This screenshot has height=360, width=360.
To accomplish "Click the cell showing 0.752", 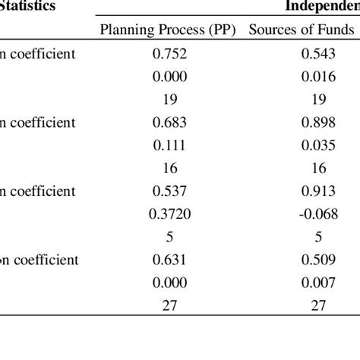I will (169, 55).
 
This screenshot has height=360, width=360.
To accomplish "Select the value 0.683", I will (169, 122).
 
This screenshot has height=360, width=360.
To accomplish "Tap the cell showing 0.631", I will (169, 258).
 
